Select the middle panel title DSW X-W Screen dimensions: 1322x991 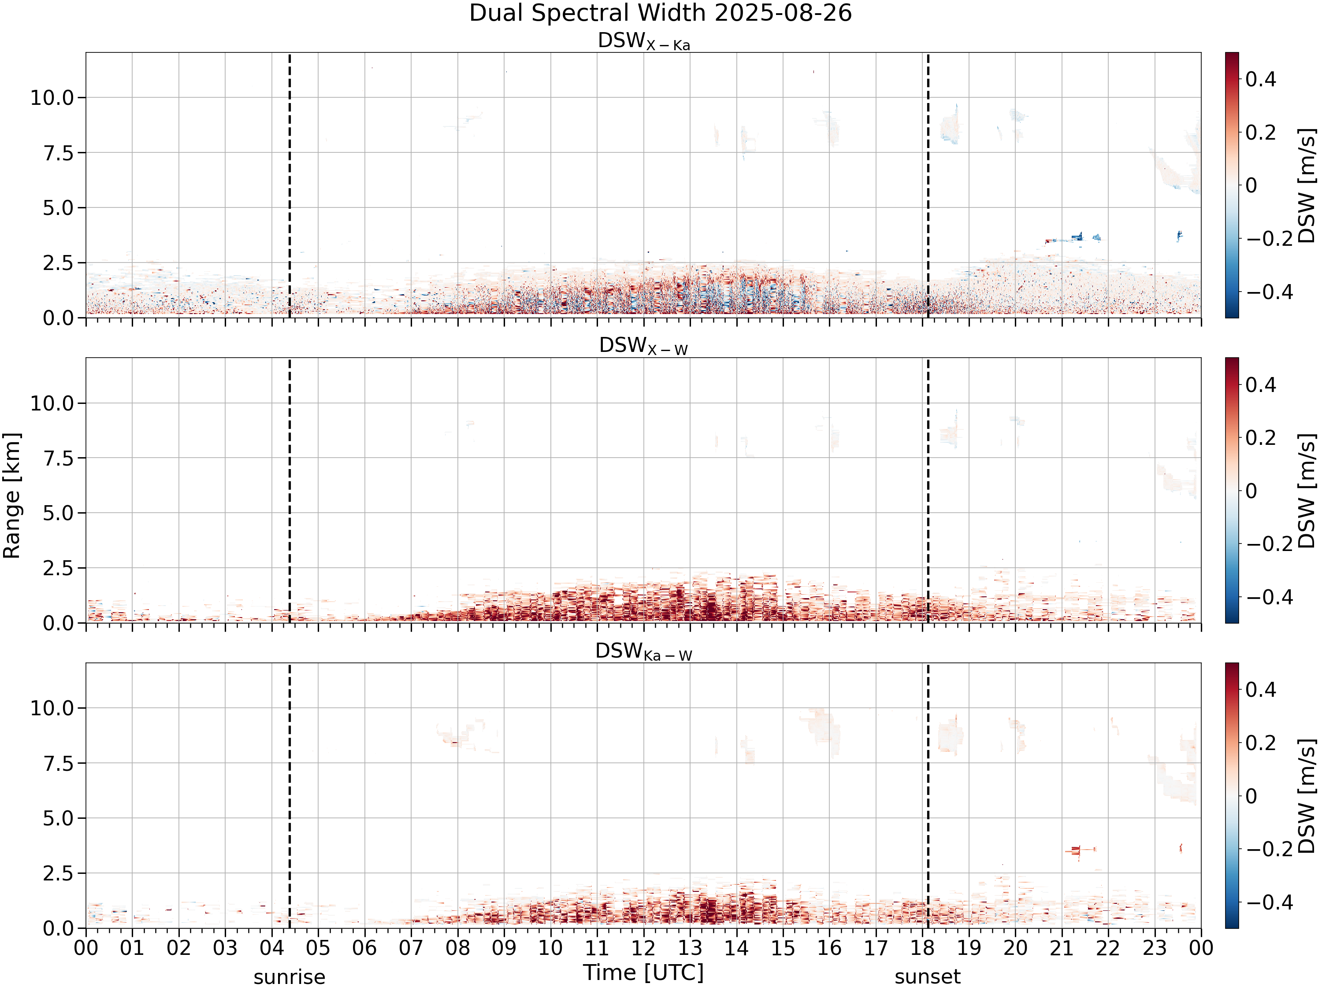pyautogui.click(x=644, y=346)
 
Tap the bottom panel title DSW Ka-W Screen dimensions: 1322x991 pyautogui.click(x=644, y=651)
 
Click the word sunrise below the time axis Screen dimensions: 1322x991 pyautogui.click(x=289, y=977)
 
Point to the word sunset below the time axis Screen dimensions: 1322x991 pyautogui.click(x=928, y=977)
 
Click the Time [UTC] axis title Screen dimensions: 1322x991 pyautogui.click(x=644, y=973)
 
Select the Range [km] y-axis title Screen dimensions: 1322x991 pyautogui.click(x=11, y=496)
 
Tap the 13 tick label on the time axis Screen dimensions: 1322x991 pyautogui.click(x=690, y=948)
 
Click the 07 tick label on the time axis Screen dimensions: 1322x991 pyautogui.click(x=411, y=948)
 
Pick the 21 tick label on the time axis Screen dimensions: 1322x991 pyautogui.click(x=1062, y=948)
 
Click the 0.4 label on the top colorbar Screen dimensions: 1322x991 pyautogui.click(x=1260, y=79)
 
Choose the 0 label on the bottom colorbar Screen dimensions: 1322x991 pyautogui.click(x=1251, y=796)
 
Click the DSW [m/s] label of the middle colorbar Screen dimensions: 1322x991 pyautogui.click(x=1307, y=490)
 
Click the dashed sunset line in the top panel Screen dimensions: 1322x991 pyautogui.click(x=928, y=185)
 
